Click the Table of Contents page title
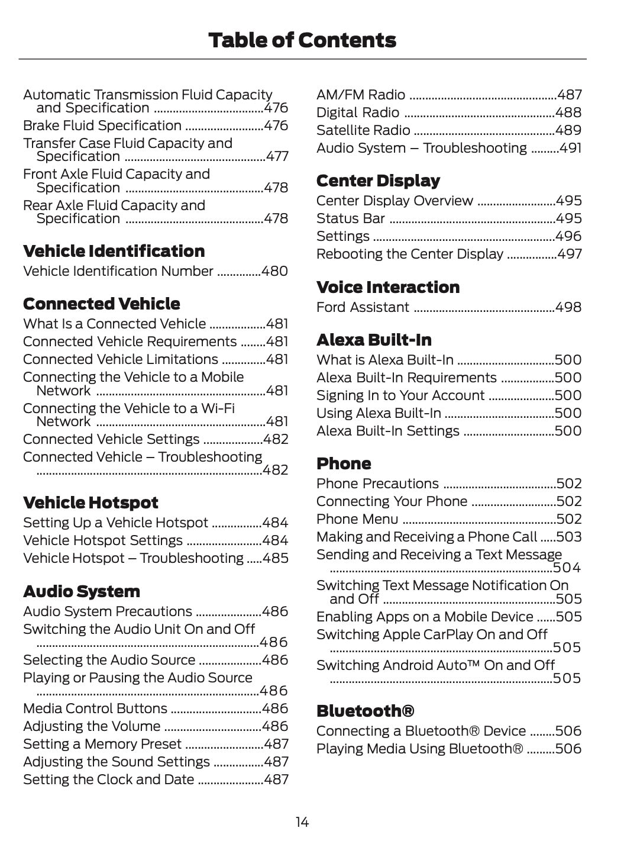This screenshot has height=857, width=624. (x=302, y=40)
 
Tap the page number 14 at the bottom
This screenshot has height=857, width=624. (x=302, y=822)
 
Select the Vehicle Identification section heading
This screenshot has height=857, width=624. (x=114, y=251)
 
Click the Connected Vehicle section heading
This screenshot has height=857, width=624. (x=101, y=304)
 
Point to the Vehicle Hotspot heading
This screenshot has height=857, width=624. (x=90, y=502)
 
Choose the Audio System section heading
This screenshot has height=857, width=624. (x=82, y=591)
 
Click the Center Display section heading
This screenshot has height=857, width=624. (x=378, y=181)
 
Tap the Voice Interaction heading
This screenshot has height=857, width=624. (x=387, y=287)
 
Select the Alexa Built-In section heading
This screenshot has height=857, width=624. (x=374, y=340)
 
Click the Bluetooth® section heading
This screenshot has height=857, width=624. (x=365, y=711)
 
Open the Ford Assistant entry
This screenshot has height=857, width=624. (x=363, y=307)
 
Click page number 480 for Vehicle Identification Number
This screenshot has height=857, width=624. (x=274, y=271)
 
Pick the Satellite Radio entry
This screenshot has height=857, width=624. (x=363, y=130)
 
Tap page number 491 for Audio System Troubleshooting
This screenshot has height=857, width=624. (x=570, y=148)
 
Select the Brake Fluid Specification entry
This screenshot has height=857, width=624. (x=102, y=125)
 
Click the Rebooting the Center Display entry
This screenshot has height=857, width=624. (x=409, y=254)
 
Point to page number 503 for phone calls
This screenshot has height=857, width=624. (x=569, y=537)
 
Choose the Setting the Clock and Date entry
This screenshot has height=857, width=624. (x=109, y=779)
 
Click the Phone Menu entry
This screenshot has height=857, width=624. (x=357, y=519)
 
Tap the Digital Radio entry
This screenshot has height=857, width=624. (x=358, y=112)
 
